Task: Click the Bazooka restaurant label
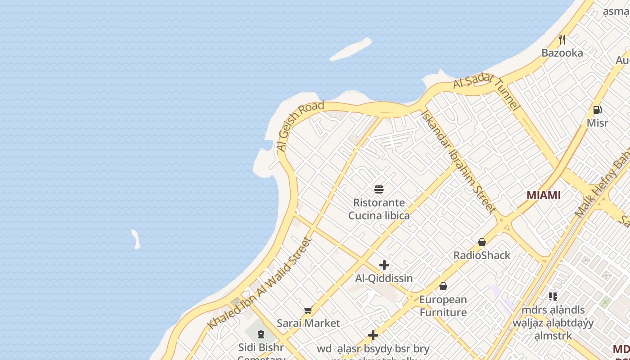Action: [562, 53]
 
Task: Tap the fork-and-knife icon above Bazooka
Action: [562, 40]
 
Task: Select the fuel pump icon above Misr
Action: [598, 109]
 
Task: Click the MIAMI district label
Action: [544, 195]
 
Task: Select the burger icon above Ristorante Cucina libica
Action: [379, 189]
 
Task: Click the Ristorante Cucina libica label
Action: [379, 209]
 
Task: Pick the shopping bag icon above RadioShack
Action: [482, 242]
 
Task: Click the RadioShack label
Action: [482, 256]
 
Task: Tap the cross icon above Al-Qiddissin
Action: [384, 265]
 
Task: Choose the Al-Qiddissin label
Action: [384, 279]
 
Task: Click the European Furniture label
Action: [443, 306]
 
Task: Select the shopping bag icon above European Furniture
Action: [443, 286]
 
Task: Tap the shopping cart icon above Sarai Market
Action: [308, 310]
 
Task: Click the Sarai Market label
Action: [308, 324]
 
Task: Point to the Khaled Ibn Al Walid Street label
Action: [260, 283]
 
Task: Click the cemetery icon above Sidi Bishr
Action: [261, 334]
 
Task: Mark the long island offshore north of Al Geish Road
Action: [351, 49]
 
